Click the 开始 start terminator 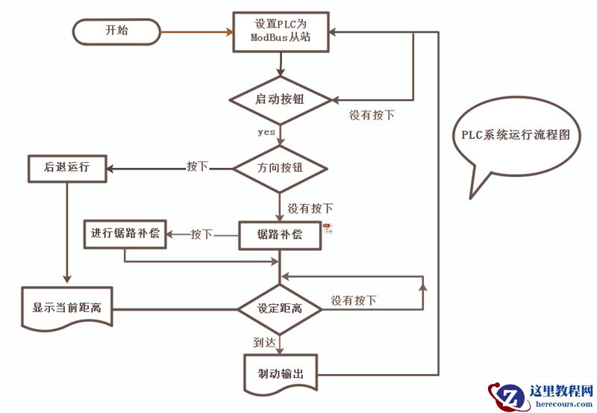[x=116, y=31]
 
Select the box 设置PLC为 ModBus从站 [x=280, y=32]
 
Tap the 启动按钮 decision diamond [x=280, y=99]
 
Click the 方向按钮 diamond [x=280, y=170]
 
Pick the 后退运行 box [x=66, y=168]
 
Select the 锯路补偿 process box [x=280, y=235]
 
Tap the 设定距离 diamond [x=280, y=308]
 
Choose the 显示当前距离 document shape [x=68, y=307]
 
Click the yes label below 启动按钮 [x=266, y=131]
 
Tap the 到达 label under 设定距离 [x=265, y=341]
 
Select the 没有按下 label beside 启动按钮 [x=372, y=116]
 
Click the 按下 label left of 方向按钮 [x=197, y=166]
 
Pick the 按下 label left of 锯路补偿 [x=201, y=235]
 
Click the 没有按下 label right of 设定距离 [x=354, y=301]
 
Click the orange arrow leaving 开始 [x=196, y=31]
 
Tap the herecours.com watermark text [x=563, y=404]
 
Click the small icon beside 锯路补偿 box [x=328, y=229]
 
